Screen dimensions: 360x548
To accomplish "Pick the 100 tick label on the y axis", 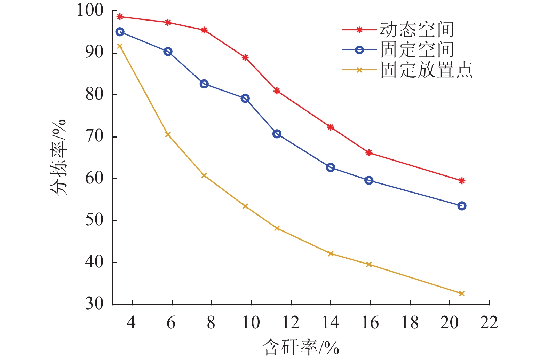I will tap(90, 10).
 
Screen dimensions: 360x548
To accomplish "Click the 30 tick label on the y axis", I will tap(95, 304).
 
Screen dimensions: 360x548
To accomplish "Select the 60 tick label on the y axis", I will tap(95, 178).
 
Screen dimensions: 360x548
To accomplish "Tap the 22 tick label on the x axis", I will tap(489, 323).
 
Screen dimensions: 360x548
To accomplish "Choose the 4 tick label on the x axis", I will tap(131, 323).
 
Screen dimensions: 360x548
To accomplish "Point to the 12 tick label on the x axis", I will tap(290, 323).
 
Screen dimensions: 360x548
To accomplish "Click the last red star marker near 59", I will tap(462, 181).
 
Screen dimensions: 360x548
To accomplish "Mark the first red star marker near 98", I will tap(120, 17).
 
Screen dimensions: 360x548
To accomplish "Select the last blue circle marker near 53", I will tap(462, 206).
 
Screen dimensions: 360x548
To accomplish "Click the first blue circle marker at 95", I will tap(120, 32).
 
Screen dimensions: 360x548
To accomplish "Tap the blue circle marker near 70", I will tap(277, 134).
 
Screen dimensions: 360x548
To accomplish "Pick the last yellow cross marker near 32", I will tap(462, 294).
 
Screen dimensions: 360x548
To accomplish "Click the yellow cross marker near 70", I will tap(168, 134).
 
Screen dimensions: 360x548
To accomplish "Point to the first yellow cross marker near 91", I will tap(120, 46).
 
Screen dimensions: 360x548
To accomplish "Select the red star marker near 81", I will tap(277, 91).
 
